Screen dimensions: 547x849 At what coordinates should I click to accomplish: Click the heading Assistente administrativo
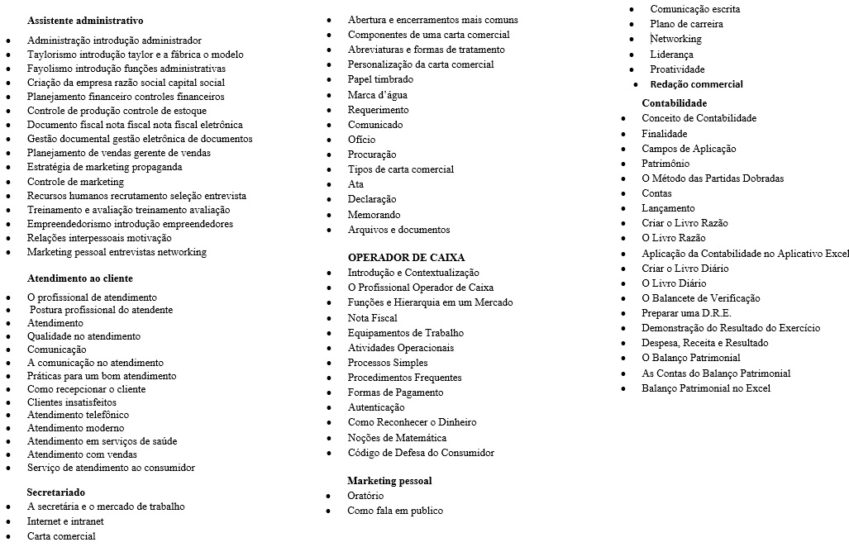point(84,21)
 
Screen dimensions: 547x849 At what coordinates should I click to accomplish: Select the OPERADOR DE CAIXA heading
point(406,258)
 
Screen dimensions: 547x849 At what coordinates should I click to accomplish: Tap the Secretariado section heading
point(55,492)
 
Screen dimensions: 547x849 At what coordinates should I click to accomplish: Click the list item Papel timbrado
point(380,79)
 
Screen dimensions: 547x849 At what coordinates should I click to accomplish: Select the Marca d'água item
point(377,95)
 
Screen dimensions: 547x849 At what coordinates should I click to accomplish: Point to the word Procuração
point(371,155)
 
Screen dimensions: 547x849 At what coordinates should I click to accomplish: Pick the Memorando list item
point(374,215)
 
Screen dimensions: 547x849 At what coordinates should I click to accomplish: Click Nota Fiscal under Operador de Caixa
point(372,318)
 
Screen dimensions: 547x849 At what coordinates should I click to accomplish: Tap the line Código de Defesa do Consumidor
point(421,453)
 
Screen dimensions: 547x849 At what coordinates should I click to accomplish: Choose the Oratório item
point(365,496)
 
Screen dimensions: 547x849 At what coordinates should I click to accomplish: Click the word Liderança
point(671,55)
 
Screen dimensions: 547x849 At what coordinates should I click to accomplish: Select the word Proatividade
point(677,69)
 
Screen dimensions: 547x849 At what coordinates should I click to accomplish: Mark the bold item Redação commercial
point(696,84)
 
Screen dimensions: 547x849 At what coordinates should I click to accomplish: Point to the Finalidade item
point(664,134)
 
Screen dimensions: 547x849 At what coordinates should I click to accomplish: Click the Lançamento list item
point(668,208)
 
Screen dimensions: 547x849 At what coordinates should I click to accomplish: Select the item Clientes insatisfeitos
point(72,402)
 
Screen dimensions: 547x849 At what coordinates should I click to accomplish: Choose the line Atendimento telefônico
point(78,415)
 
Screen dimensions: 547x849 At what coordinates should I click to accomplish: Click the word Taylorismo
point(51,55)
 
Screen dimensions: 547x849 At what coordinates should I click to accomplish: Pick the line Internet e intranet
point(65,521)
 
